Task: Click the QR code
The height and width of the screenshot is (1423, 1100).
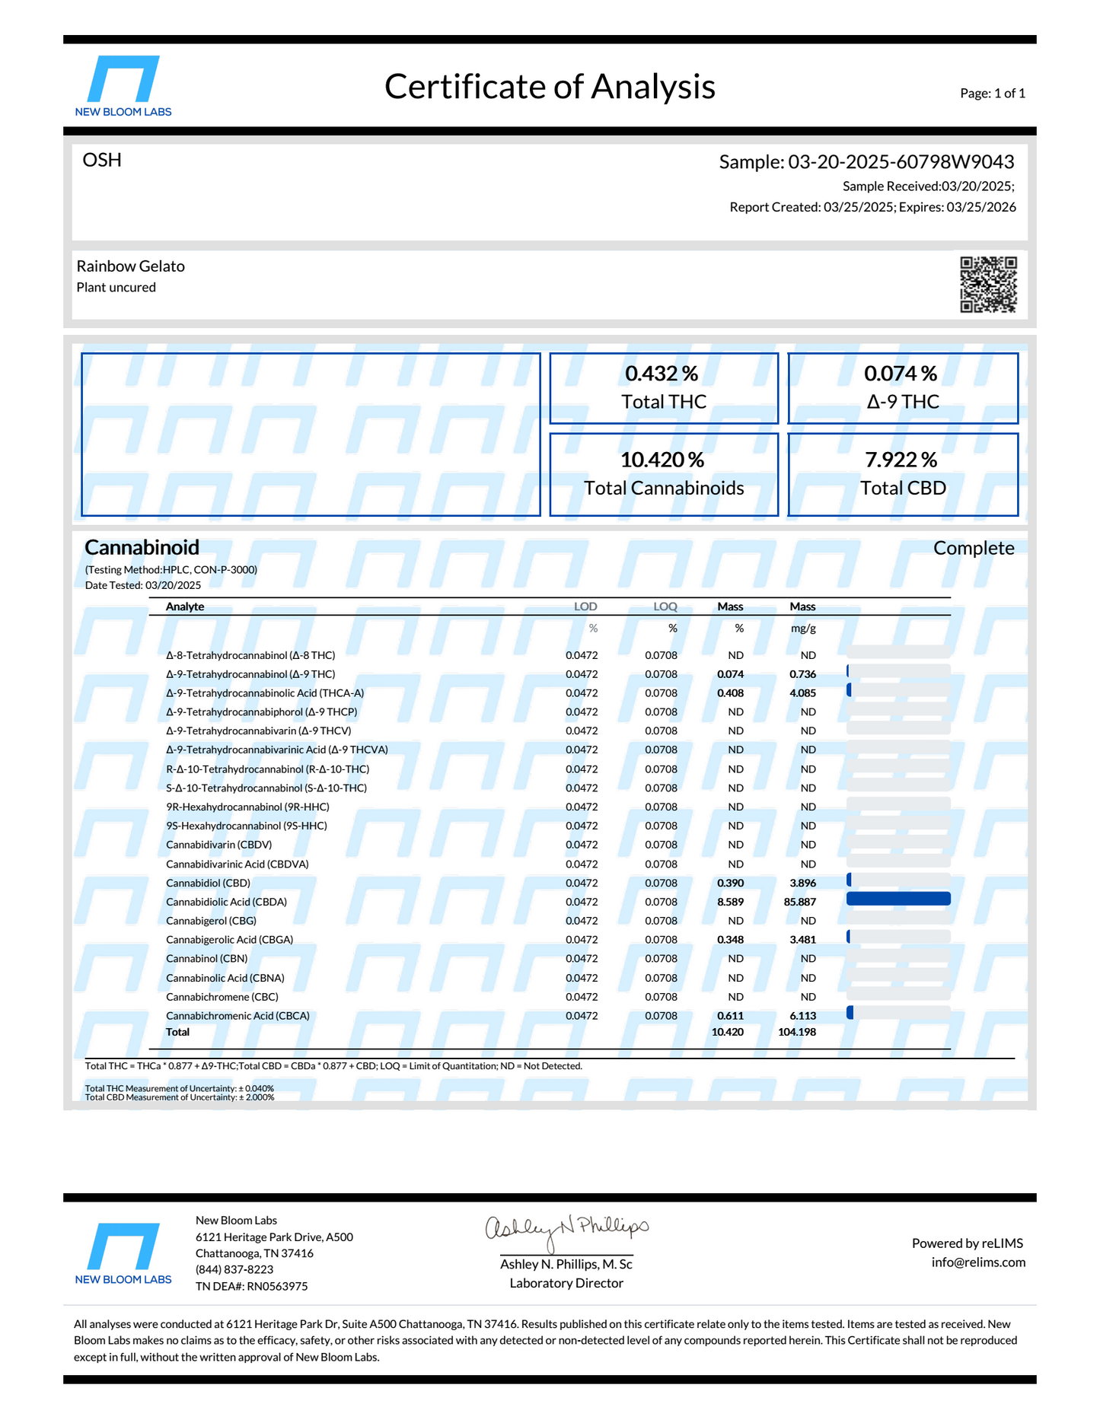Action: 988,285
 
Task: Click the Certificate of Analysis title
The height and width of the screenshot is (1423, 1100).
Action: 550,87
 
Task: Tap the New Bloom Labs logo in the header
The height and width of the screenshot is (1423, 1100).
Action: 123,85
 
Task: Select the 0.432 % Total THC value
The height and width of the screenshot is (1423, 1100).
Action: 662,374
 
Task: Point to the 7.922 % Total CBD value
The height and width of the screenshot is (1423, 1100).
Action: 901,460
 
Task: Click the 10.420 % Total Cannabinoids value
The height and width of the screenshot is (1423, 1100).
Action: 662,460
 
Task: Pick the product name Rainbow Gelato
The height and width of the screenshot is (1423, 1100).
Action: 131,266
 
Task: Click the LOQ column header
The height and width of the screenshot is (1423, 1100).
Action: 665,606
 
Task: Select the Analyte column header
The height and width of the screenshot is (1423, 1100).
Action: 185,606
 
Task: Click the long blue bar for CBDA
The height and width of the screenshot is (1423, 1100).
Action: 898,899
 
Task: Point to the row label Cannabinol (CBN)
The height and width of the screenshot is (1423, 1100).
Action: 207,959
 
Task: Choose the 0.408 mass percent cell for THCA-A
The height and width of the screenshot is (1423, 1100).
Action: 730,693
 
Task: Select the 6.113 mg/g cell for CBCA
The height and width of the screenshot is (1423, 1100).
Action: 802,1016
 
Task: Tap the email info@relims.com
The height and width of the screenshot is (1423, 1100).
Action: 978,1262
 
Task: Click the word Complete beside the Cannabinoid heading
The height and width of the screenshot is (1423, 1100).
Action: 974,548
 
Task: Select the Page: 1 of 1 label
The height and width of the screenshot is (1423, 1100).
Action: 993,94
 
